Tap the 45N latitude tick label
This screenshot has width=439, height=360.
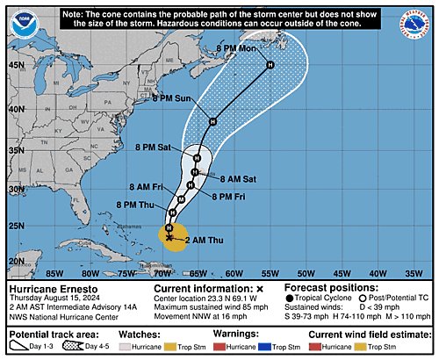pos(16,65)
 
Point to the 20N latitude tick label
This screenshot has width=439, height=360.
pos(16,262)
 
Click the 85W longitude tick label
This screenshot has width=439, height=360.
pos(38,273)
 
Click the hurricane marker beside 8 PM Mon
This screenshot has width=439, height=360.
pos(270,65)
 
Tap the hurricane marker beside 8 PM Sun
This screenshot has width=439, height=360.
pos(212,120)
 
